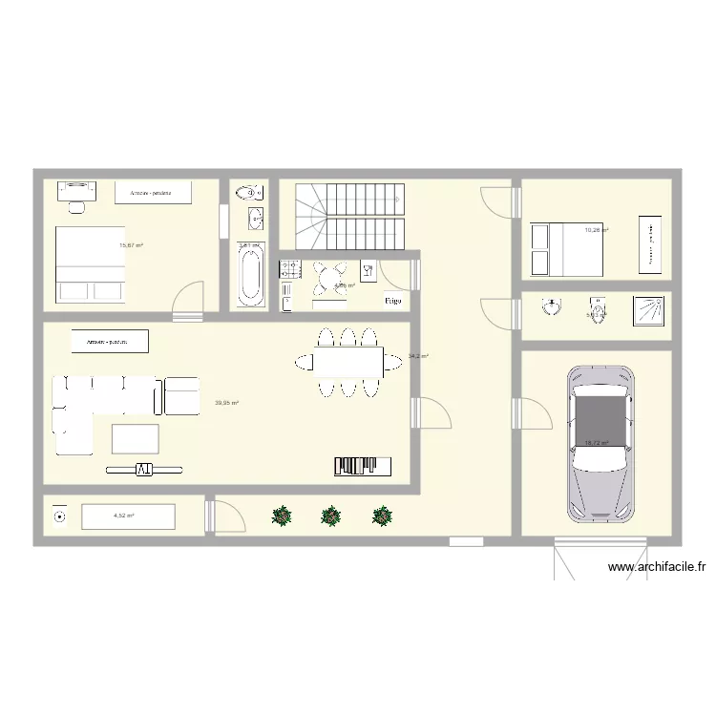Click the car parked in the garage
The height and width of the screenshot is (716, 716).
pos(600,443)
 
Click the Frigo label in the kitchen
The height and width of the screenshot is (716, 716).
pos(392,301)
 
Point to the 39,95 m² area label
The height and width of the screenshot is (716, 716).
pos(226,403)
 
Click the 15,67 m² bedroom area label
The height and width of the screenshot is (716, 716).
pos(131,245)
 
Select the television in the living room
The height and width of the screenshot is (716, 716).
pos(143,469)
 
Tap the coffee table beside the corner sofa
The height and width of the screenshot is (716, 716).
pos(136,438)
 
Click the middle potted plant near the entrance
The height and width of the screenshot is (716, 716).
pos(330,516)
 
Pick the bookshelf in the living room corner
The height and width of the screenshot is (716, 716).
pos(363,466)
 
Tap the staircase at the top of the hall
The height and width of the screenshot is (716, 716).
pos(350,216)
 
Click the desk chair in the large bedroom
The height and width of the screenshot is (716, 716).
pos(77,205)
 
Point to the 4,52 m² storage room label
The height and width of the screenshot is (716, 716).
pos(124,516)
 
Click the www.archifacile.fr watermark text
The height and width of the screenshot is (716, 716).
pos(656,567)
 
